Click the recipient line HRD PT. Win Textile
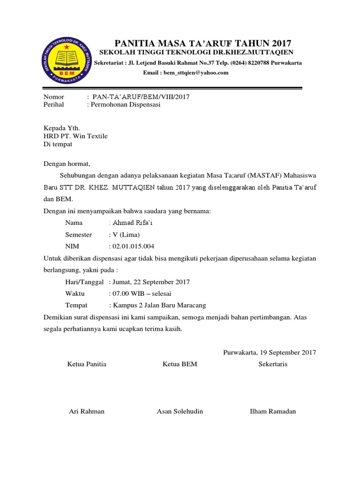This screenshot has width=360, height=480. point(75,136)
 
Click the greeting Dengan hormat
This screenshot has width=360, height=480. point(66,164)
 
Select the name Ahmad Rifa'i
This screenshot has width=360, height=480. point(133,223)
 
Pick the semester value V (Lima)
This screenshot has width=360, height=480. point(126,234)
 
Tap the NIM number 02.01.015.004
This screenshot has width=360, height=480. point(133,246)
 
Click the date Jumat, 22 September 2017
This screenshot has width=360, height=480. point(150,282)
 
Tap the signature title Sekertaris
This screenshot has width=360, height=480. point(273,364)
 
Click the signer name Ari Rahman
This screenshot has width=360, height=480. point(87,411)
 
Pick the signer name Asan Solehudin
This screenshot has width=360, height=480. point(180,411)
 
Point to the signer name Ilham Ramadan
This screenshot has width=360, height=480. point(273,411)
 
